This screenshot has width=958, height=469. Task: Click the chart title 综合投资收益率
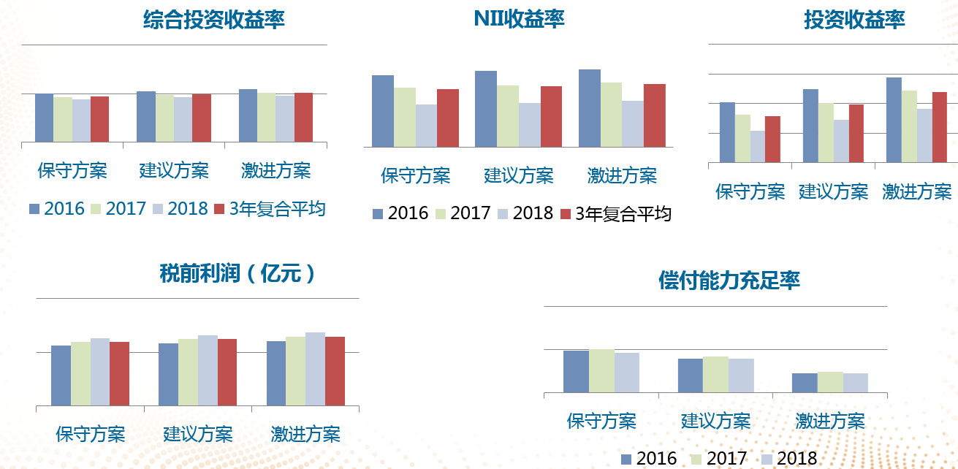(x=214, y=20)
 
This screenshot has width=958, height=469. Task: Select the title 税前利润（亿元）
(x=238, y=274)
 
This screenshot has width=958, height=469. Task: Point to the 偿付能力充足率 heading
(x=729, y=280)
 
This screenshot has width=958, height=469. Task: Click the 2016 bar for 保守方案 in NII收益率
(x=383, y=111)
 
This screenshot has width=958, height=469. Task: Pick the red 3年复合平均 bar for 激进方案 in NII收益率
(x=655, y=115)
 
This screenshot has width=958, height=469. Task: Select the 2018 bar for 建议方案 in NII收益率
(x=529, y=125)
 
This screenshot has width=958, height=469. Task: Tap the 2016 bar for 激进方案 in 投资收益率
(x=894, y=119)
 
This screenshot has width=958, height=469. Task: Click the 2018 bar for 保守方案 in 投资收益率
(x=757, y=146)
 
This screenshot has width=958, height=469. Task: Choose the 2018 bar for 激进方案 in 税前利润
(x=315, y=369)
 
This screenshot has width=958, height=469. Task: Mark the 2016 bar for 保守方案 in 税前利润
(x=61, y=375)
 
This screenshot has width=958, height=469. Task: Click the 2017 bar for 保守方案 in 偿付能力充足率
(x=601, y=371)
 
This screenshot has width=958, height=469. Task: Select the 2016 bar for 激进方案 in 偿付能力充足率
(x=805, y=383)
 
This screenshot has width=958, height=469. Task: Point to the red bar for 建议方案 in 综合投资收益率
(x=202, y=118)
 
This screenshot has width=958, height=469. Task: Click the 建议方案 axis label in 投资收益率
(x=833, y=192)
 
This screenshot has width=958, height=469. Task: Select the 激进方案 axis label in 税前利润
(x=305, y=435)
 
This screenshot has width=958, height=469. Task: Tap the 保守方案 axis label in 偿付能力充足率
(x=601, y=422)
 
